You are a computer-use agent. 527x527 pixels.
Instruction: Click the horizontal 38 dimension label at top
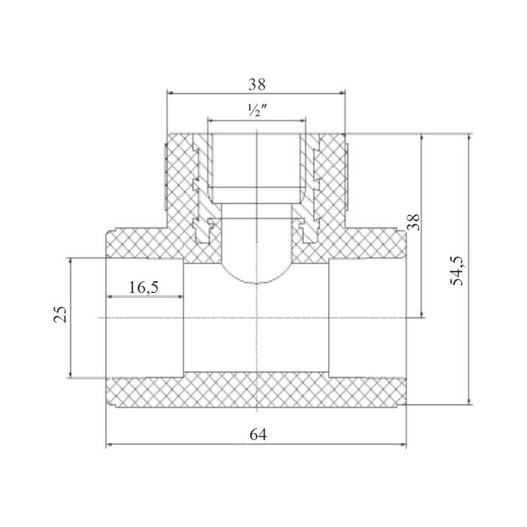point(257,84)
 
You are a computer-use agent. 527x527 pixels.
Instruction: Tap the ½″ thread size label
point(257,110)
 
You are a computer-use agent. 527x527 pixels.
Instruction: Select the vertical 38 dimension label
point(414,223)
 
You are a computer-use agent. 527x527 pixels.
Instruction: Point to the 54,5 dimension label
point(457,270)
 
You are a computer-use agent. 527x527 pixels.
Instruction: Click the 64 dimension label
point(258,435)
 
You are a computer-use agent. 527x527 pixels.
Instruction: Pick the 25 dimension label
point(60,315)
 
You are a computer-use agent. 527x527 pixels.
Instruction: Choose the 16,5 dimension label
point(144,288)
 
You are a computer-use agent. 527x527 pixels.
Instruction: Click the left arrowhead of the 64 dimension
point(110,445)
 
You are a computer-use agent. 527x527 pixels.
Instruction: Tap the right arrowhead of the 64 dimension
point(403,445)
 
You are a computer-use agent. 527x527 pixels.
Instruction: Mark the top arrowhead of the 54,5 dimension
point(470,137)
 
